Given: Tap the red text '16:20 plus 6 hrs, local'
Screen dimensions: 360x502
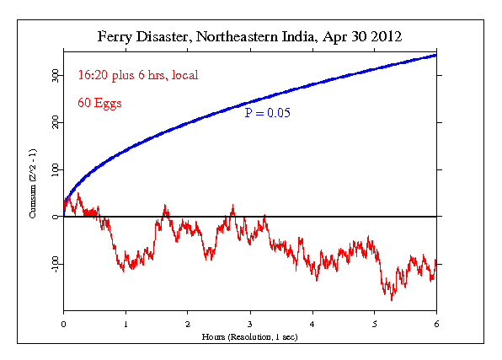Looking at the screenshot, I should click(x=137, y=75).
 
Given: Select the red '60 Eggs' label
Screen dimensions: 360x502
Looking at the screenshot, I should click(x=100, y=104).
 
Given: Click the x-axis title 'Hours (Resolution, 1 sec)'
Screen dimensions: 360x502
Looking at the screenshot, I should click(x=250, y=336).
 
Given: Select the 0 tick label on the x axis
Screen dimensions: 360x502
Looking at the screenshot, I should click(x=63, y=323).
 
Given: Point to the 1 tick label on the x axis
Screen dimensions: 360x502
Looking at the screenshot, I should click(x=125, y=323).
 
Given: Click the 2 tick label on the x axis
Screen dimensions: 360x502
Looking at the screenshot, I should click(x=188, y=323).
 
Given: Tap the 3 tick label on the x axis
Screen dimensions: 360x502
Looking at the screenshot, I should click(x=250, y=323).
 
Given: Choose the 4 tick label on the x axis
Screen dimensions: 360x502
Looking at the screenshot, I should click(x=312, y=323).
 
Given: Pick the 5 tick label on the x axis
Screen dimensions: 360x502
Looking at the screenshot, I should click(x=375, y=323).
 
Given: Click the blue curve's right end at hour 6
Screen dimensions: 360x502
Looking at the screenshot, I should click(x=435, y=56).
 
